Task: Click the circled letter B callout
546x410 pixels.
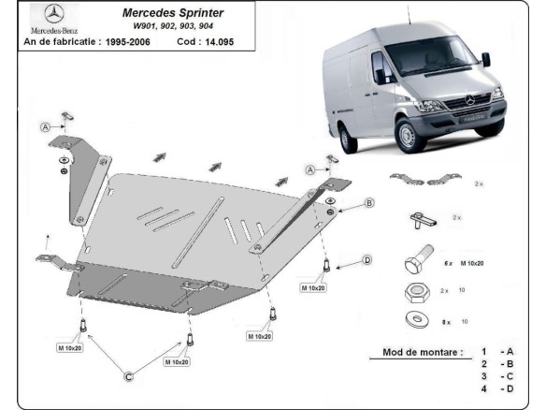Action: [x=369, y=202]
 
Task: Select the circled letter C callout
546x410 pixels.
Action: [x=130, y=376]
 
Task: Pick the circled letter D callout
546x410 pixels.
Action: [x=367, y=259]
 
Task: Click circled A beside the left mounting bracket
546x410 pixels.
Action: [x=44, y=126]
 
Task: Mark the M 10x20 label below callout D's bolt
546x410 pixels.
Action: [x=313, y=287]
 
